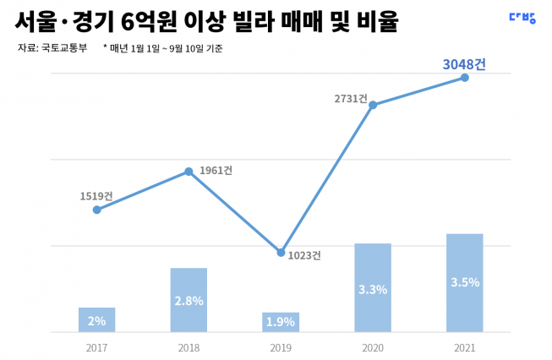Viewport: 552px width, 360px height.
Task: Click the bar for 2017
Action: pyautogui.click(x=96, y=319)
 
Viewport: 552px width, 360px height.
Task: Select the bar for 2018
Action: pyautogui.click(x=189, y=300)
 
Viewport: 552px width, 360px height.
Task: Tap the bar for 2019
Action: pyautogui.click(x=281, y=322)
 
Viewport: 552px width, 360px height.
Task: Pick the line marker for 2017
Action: pyautogui.click(x=97, y=210)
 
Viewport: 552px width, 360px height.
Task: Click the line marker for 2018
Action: pyautogui.click(x=189, y=172)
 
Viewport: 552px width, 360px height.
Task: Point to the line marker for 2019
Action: pyautogui.click(x=281, y=252)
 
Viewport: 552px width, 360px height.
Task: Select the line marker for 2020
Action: pyautogui.click(x=373, y=105)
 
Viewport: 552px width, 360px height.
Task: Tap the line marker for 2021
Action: pyautogui.click(x=464, y=78)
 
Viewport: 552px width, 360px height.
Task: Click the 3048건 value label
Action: pyautogui.click(x=464, y=63)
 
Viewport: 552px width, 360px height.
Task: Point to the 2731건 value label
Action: pyautogui.click(x=351, y=99)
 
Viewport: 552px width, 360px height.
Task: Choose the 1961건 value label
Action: pyautogui.click(x=216, y=171)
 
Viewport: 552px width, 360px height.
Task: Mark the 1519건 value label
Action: pyautogui.click(x=96, y=196)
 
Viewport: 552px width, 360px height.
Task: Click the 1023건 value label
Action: pyautogui.click(x=304, y=255)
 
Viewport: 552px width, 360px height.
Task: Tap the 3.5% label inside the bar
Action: pyautogui.click(x=464, y=282)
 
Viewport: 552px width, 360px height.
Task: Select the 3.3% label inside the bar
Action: pyautogui.click(x=373, y=289)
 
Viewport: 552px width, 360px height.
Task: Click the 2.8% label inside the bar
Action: pyautogui.click(x=189, y=301)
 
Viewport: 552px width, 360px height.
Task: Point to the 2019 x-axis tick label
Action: pyautogui.click(x=281, y=347)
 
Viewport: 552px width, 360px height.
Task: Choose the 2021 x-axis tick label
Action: pyautogui.click(x=464, y=347)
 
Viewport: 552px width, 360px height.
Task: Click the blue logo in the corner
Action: pyautogui.click(x=522, y=17)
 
